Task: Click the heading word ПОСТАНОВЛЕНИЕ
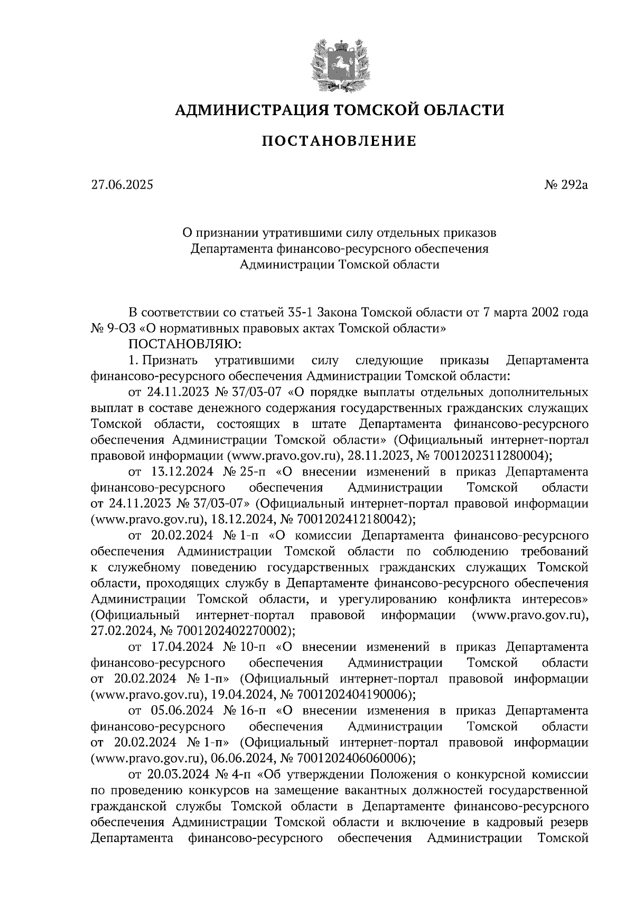pyautogui.click(x=340, y=141)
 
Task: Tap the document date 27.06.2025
pyautogui.click(x=122, y=185)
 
